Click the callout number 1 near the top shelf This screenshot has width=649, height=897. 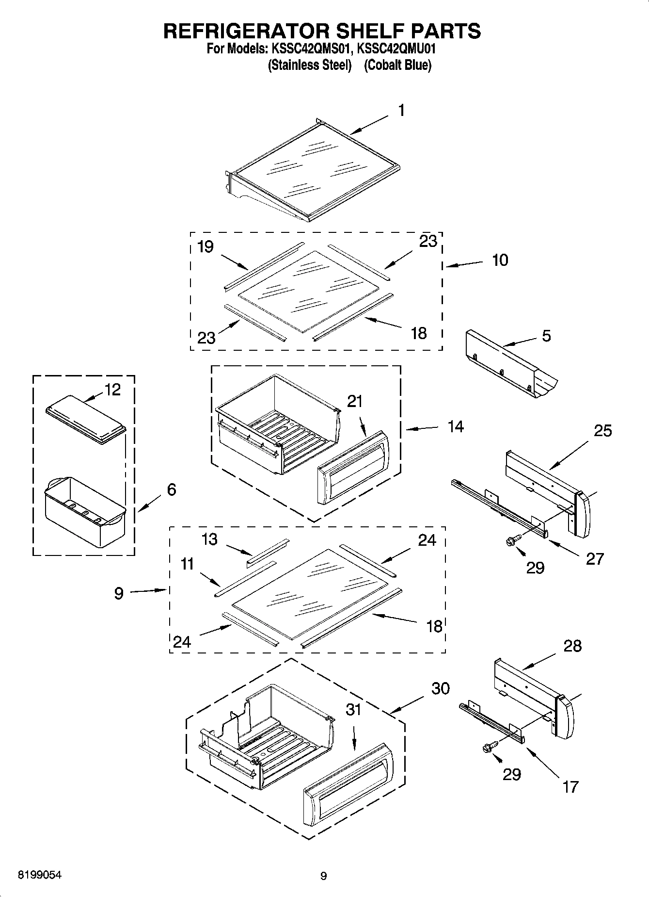401,111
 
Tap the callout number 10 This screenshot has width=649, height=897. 500,261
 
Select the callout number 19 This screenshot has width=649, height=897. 206,247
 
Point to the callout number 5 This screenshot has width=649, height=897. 546,336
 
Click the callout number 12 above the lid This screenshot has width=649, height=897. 112,390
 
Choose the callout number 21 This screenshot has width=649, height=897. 355,401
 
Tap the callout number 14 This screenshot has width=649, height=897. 456,427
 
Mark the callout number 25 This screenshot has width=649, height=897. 603,430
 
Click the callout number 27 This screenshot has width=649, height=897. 595,559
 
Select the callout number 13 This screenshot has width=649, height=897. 209,539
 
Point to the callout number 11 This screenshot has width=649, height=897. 187,564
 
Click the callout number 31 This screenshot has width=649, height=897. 353,710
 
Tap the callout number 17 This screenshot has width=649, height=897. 570,786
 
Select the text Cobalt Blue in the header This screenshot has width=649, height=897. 397,65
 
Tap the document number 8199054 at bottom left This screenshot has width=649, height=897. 40,875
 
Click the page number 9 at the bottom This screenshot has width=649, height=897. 324,876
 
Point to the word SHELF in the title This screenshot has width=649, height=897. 364,31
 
